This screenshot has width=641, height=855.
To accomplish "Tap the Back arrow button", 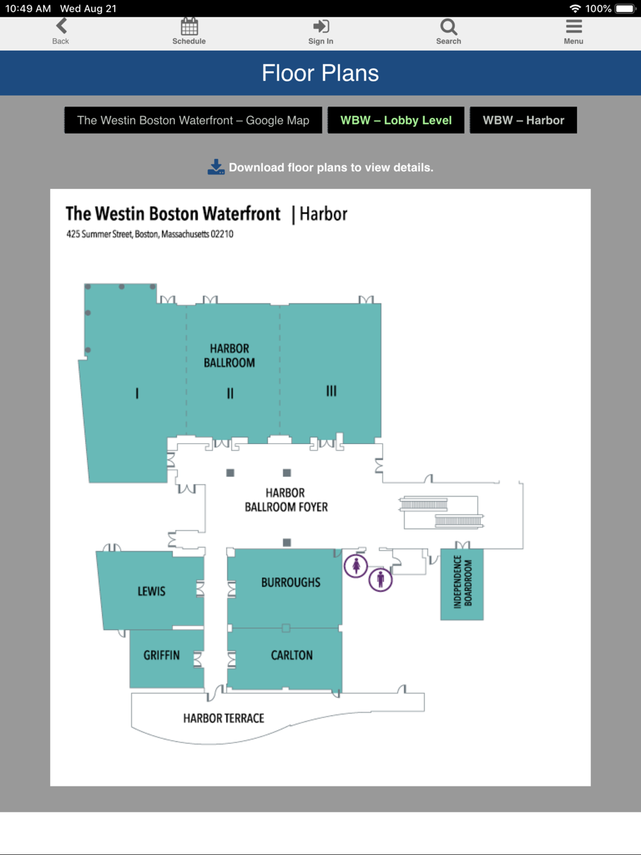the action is click(62, 26).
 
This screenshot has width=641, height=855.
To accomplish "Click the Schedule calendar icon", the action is click(189, 26).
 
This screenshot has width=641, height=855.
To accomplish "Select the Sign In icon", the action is click(321, 26).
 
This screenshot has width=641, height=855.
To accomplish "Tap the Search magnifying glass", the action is click(449, 27).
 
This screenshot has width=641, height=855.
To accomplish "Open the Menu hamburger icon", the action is click(574, 26).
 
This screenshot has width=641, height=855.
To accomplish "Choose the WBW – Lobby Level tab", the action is click(395, 120).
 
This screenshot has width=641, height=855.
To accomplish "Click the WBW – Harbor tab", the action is click(523, 120).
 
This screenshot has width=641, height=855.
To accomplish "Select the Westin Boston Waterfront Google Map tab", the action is click(193, 120).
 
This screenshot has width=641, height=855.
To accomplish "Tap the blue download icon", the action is click(216, 167).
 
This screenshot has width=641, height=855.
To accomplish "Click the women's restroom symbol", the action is click(356, 565).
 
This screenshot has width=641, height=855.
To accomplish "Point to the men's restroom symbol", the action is click(380, 579).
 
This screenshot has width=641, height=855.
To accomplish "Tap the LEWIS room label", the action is click(151, 592).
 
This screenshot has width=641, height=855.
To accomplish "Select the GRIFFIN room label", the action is click(162, 655).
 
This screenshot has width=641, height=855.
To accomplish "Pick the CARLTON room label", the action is click(292, 655).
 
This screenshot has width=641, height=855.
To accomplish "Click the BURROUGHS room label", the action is click(291, 583).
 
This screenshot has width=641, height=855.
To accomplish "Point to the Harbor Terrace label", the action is click(224, 718).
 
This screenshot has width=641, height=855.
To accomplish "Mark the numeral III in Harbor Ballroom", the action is click(331, 391).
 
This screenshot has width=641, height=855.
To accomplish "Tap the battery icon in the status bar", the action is click(625, 8).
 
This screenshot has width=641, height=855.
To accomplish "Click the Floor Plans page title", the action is click(320, 73).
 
